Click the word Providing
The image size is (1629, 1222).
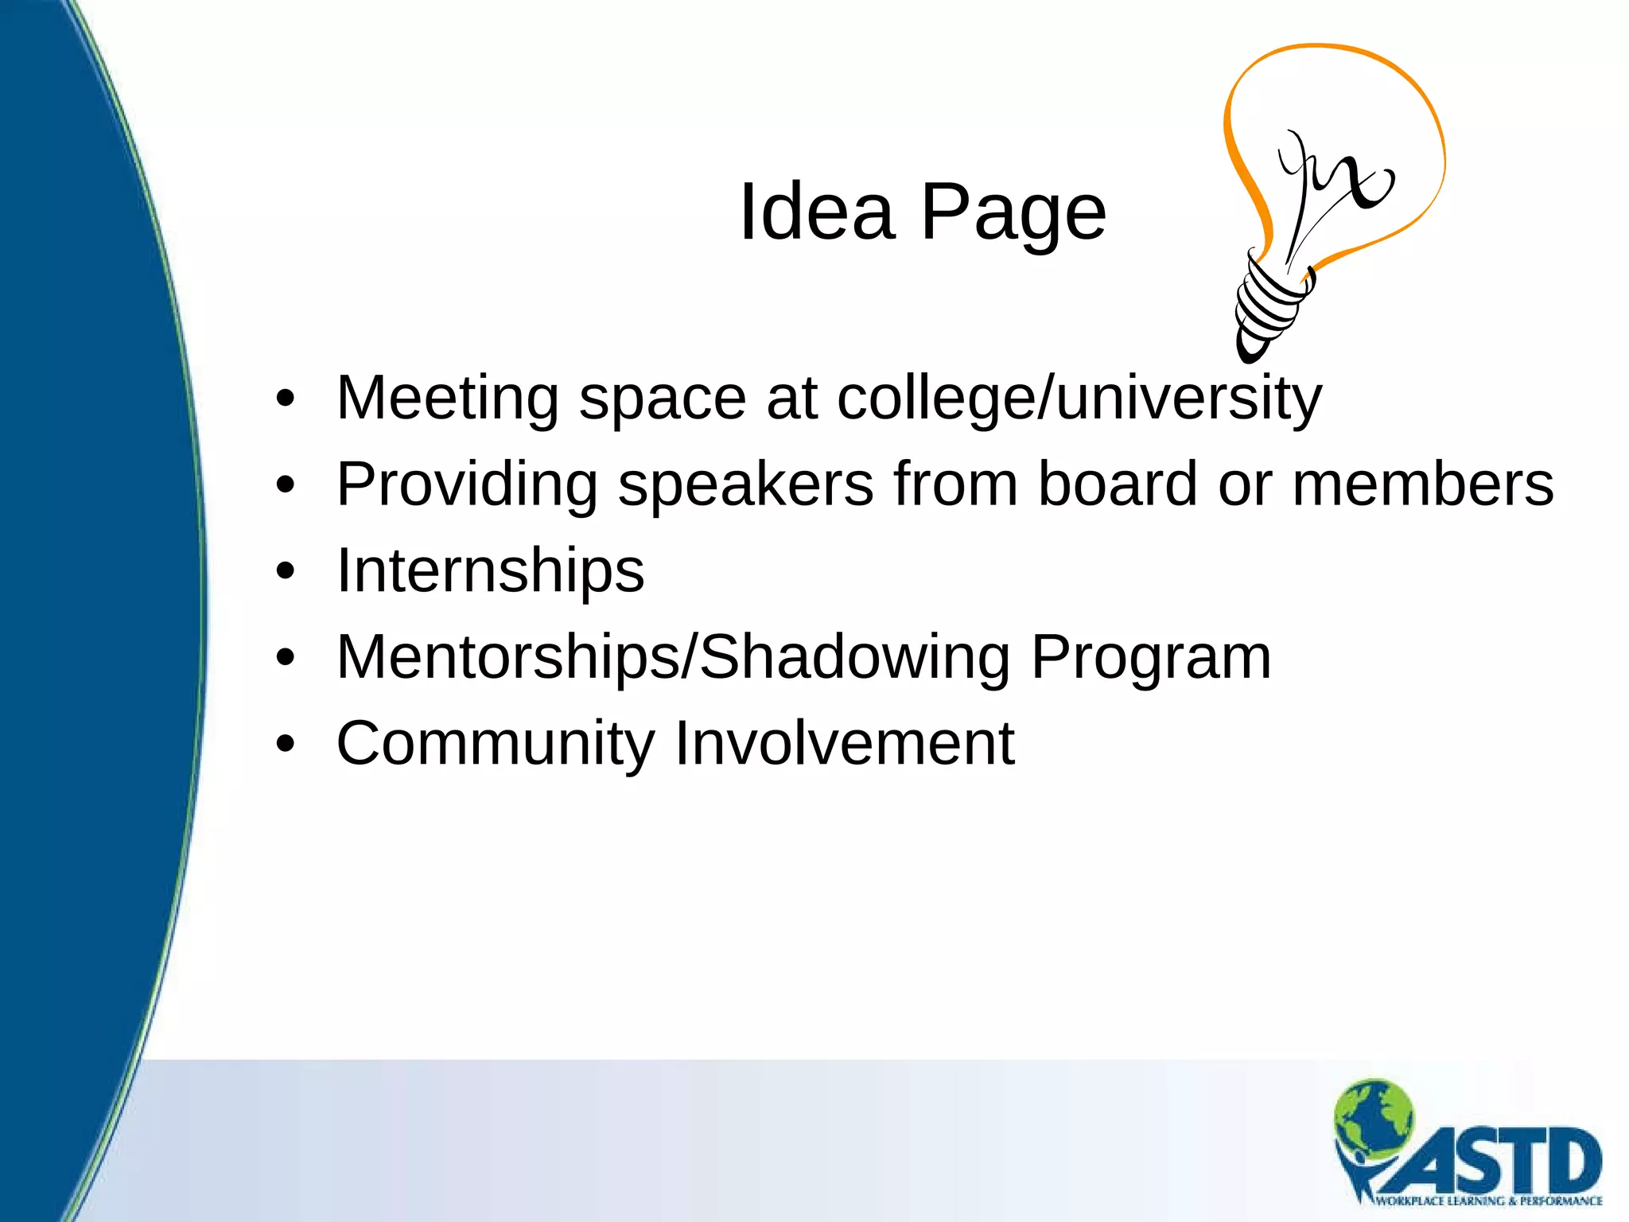[467, 485]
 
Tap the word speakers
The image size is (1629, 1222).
[745, 485]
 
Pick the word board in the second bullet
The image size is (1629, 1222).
[1118, 484]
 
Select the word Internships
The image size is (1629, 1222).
[490, 571]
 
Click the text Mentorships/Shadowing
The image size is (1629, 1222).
[673, 657]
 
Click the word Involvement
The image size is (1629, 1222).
[844, 743]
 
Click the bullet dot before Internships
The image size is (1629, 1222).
[286, 571]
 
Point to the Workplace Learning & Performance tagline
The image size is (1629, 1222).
[1487, 1201]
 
